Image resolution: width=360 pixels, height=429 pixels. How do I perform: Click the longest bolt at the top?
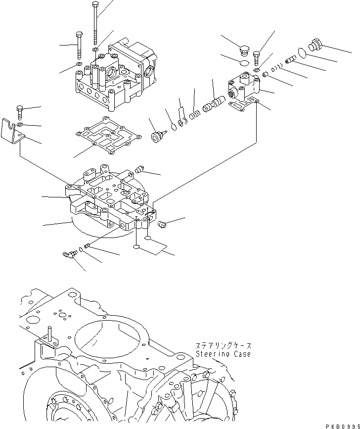[x=95, y=25]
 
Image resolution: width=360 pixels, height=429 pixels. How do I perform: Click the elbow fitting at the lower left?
[x=68, y=254]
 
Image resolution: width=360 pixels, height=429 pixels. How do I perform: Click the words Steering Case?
[x=223, y=354]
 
